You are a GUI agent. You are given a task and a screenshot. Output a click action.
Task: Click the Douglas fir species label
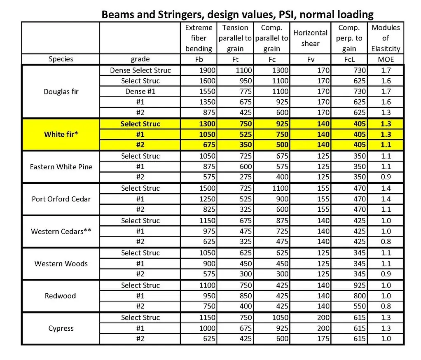[61, 91]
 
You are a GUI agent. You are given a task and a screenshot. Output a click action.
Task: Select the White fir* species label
[61, 134]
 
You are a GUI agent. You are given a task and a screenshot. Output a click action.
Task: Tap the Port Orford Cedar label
[61, 199]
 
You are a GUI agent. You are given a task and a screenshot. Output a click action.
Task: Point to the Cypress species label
[61, 328]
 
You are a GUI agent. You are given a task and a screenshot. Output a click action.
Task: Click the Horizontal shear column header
[310, 38]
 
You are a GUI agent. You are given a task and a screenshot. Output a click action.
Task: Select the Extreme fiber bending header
[199, 38]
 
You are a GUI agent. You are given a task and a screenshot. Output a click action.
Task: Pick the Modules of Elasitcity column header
[386, 38]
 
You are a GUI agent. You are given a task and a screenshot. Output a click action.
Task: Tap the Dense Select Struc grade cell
[140, 70]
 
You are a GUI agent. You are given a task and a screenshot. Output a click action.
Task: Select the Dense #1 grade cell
[140, 91]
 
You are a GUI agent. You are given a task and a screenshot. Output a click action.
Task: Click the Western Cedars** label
[61, 231]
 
